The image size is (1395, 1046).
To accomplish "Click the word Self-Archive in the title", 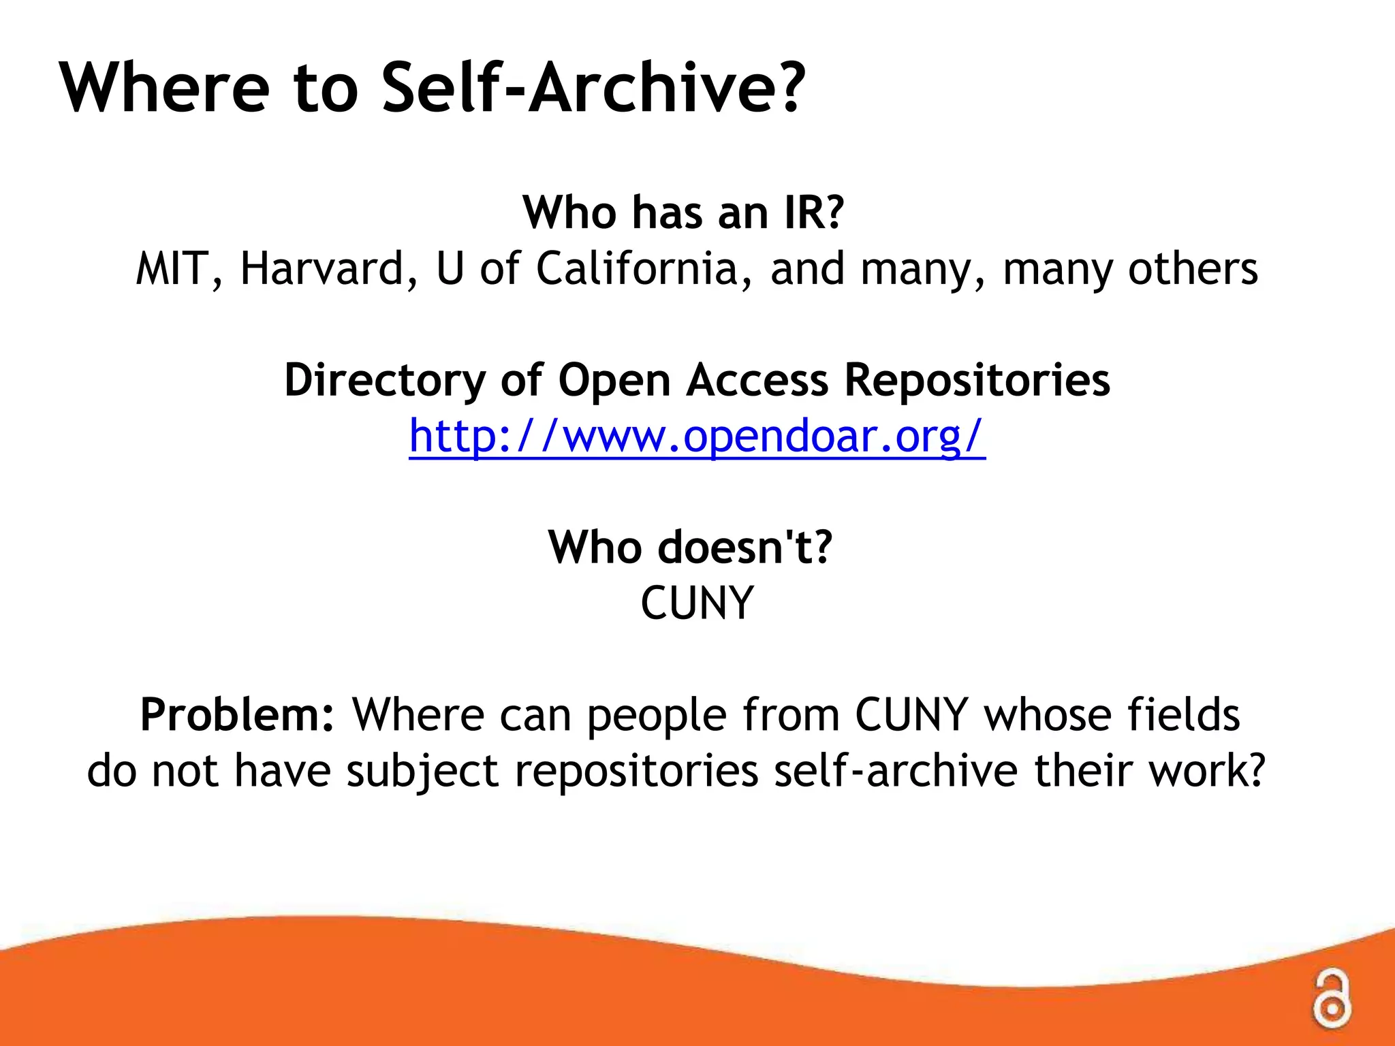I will coord(593,89).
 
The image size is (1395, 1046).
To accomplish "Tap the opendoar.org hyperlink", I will coord(697,436).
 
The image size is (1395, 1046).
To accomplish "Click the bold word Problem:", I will coord(237,715).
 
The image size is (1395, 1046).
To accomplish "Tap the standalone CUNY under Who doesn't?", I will coord(697,603).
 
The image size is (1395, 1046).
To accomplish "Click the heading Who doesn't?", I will coord(690,548).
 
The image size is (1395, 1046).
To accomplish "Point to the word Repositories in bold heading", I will coord(977,380).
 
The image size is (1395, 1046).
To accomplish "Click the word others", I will coord(1193,269).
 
